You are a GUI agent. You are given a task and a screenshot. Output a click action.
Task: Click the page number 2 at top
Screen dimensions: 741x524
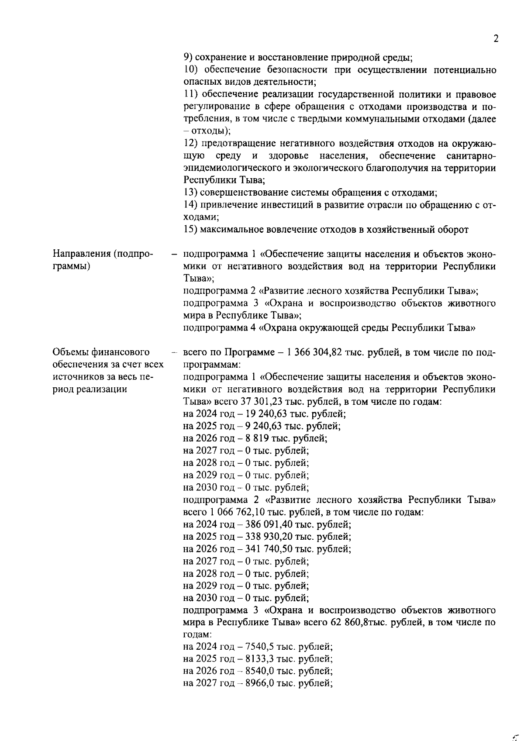[x=496, y=39]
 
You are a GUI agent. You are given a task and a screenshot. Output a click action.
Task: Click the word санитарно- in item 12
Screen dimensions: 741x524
[x=472, y=156]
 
